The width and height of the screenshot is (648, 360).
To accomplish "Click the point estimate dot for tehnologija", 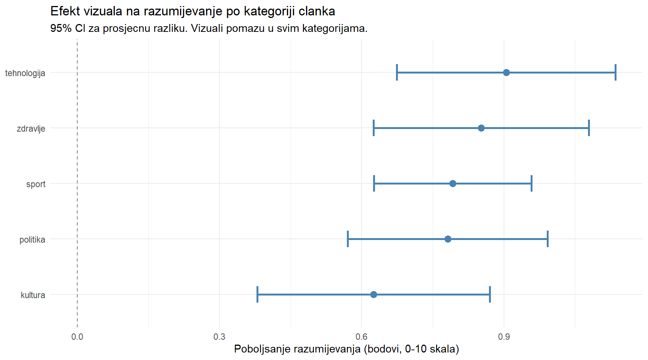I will pos(506,72).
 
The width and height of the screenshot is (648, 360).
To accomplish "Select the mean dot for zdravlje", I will pos(481,128).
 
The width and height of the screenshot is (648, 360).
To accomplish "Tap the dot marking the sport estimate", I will pos(453,183).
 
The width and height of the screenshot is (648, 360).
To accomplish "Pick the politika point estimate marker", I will pos(448,239).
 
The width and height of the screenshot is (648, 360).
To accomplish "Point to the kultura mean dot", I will pos(373,294).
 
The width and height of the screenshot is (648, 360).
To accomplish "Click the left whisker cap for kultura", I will pos(257,294).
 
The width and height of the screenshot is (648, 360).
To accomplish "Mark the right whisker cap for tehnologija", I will pos(615,72).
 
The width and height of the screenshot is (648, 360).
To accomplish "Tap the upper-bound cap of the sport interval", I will pos(531,183).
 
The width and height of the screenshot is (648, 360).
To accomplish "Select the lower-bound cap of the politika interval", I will pos(348,239).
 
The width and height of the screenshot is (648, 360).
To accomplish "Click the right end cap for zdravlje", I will pos(589,128).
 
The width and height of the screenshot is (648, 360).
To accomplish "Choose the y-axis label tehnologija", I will pos(25,73).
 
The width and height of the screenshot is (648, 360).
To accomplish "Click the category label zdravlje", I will pos(31,129).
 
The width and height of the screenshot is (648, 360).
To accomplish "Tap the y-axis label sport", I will pos(36,184).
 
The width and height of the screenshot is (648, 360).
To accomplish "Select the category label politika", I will pos(32,240).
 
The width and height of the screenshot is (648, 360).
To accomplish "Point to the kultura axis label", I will pos(33,295).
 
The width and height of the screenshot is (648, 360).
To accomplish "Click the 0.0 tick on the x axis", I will pos(77,337).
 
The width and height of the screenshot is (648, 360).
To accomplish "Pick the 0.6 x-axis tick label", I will pos(361,337).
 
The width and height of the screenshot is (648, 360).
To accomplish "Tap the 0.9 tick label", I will pos(504,337).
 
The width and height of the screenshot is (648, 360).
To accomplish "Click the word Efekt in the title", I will pos(65,11).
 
